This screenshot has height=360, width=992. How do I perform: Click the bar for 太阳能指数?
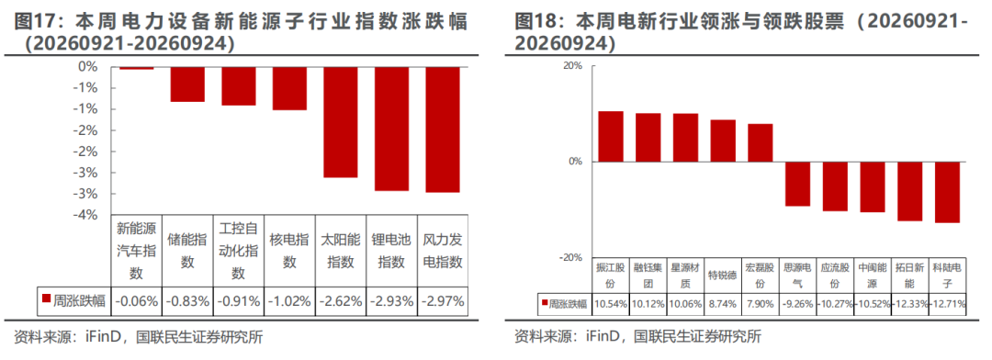341,122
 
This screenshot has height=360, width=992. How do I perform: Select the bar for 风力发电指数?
442,129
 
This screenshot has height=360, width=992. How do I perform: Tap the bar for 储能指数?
187,84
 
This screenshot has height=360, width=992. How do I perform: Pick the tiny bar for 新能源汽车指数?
137,68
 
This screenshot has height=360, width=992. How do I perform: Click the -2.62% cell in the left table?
341,300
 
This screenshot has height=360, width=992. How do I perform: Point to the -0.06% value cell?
137,300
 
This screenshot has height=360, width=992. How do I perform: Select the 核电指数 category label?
289,251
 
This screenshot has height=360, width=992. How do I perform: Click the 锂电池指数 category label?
391,251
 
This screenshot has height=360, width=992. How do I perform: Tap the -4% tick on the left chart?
86,215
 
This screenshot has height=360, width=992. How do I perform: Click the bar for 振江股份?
611,137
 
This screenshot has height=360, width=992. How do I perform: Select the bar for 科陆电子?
947,192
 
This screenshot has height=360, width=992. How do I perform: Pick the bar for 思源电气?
798,184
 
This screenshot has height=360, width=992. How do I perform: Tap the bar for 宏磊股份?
761,143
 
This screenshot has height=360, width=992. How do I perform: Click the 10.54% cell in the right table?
612,304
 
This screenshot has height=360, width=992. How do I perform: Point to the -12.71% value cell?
947,304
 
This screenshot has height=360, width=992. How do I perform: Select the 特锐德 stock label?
723,276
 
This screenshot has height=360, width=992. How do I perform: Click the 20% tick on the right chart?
573,66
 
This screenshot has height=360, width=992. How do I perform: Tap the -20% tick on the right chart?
571,257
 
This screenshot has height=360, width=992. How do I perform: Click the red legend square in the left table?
46,298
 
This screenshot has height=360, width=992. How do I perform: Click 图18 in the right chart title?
536,22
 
